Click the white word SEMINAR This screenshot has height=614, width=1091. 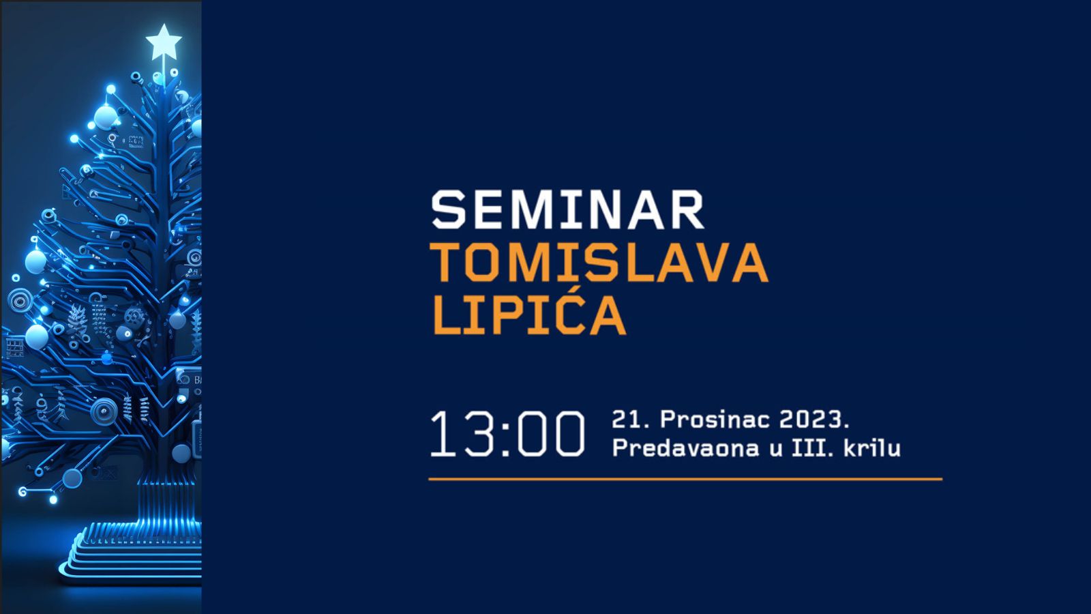568,209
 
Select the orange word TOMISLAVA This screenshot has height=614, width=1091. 599,263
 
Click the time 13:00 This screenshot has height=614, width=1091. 507,434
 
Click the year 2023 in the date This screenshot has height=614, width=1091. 811,420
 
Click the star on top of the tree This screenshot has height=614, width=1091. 164,42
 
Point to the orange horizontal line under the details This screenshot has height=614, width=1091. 685,479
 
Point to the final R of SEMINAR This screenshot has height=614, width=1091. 687,209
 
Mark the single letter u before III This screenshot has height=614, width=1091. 776,450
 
